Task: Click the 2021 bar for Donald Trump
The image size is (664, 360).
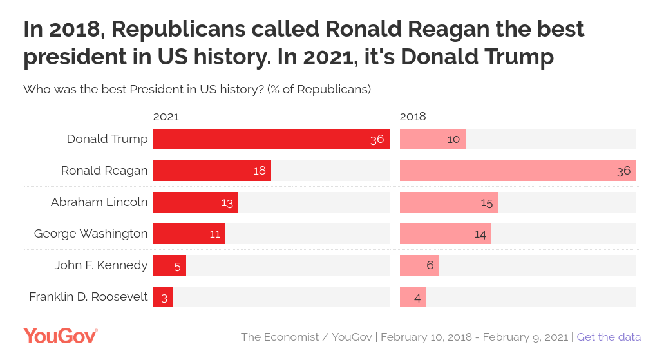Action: point(270,139)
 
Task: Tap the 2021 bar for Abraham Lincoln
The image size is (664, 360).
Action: point(195,202)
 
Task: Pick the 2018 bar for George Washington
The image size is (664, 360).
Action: point(445,234)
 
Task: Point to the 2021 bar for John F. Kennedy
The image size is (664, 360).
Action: point(169,265)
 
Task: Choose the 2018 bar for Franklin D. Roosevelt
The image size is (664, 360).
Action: point(412,297)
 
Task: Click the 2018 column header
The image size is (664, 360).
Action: point(413,117)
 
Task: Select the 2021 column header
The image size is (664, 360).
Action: point(166,117)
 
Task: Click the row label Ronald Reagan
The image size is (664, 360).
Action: point(104,171)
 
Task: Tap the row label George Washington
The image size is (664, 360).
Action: point(91,234)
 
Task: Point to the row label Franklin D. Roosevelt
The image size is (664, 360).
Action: point(88,297)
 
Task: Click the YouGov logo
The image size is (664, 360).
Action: point(61,336)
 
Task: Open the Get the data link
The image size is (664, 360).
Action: point(609,337)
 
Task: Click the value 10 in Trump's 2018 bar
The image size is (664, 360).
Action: point(453,139)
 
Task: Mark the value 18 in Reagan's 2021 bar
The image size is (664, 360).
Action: point(260,171)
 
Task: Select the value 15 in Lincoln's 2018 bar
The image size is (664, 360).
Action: point(486,202)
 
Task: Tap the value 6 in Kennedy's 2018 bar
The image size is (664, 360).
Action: point(430,265)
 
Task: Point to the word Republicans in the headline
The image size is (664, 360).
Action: point(173,30)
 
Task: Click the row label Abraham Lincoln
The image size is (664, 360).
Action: point(99,202)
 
